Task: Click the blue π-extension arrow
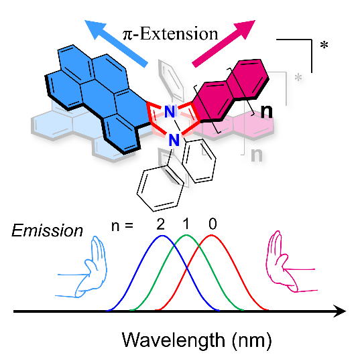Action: (x=116, y=44)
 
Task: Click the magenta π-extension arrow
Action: (x=224, y=44)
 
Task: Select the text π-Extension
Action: (x=170, y=33)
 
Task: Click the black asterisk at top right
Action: (x=324, y=45)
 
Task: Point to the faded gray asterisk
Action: (x=298, y=77)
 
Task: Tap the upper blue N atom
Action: (x=170, y=112)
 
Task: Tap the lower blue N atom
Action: (x=174, y=140)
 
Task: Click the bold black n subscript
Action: (x=266, y=112)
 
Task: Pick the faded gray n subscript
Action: (x=257, y=155)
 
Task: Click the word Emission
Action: (x=47, y=230)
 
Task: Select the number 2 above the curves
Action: (x=160, y=224)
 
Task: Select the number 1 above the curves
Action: (x=186, y=224)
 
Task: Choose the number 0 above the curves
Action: (x=213, y=224)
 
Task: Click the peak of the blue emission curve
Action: (x=163, y=236)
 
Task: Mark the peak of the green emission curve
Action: (x=186, y=235)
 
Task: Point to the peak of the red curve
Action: (x=211, y=235)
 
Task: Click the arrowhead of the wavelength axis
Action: (x=340, y=311)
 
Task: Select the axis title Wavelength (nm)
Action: (x=196, y=340)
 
